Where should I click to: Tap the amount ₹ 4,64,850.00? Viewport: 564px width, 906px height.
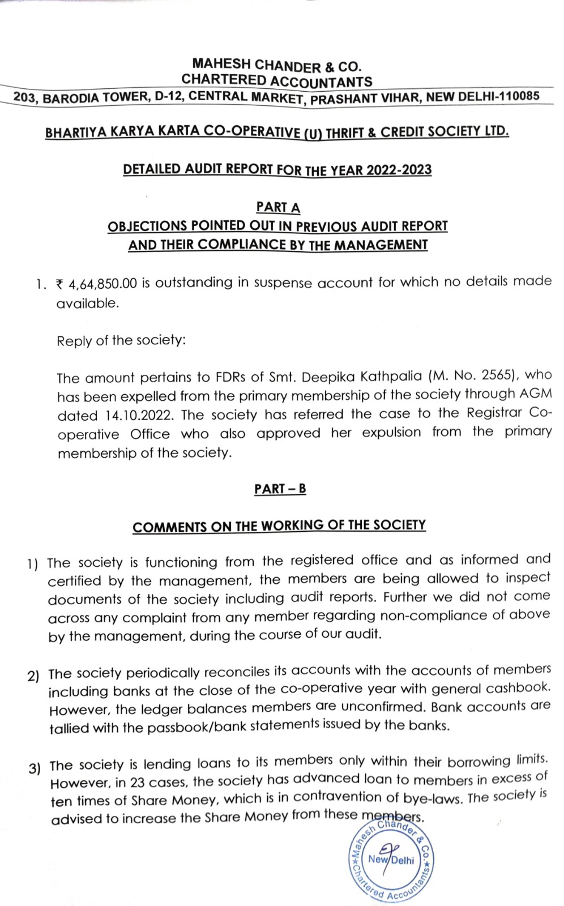pyautogui.click(x=96, y=283)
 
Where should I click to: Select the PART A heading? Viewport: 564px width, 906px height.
pyautogui.click(x=278, y=207)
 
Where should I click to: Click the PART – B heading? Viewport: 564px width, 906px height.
pyautogui.click(x=280, y=489)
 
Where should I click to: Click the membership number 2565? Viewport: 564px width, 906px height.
pyautogui.click(x=498, y=375)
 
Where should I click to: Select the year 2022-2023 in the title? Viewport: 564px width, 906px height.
pyautogui.click(x=399, y=170)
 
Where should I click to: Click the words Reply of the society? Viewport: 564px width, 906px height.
pyautogui.click(x=121, y=340)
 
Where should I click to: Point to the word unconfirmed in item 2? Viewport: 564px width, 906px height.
pyautogui.click(x=379, y=708)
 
